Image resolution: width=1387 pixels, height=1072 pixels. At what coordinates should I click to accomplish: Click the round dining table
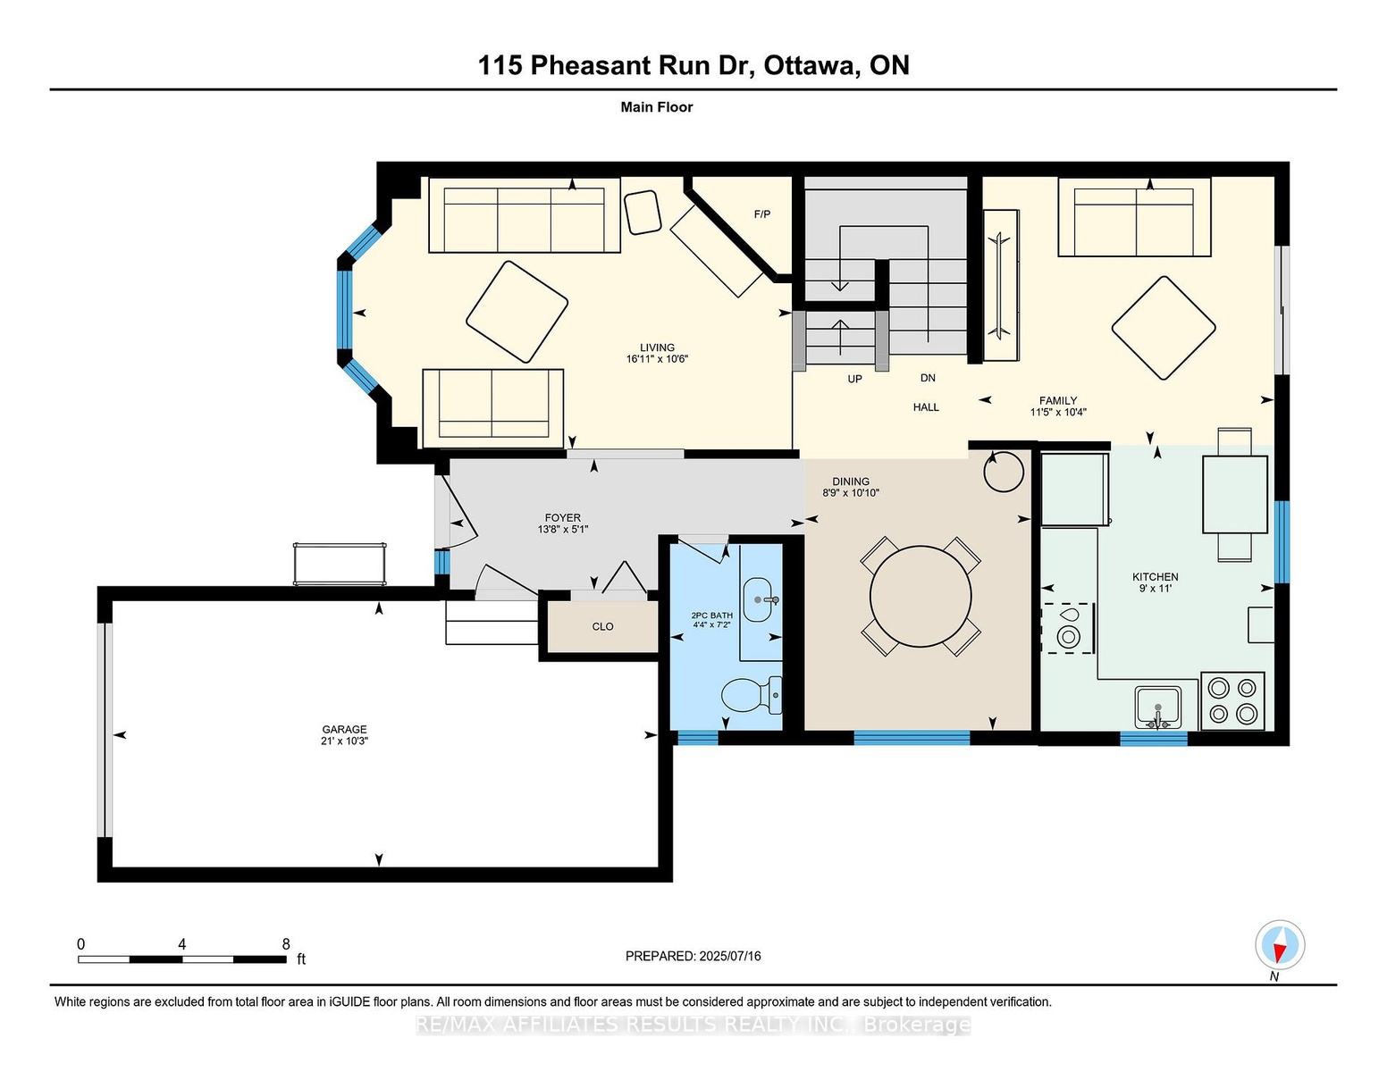click(920, 596)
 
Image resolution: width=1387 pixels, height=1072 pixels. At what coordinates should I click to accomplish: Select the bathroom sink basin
click(758, 599)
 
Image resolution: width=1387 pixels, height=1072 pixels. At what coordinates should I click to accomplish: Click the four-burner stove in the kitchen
click(1231, 701)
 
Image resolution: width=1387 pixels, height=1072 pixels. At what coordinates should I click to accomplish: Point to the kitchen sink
click(1158, 708)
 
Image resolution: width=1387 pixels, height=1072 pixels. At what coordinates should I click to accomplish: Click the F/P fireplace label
click(762, 214)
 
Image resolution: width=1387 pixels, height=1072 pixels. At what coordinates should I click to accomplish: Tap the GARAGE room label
click(344, 729)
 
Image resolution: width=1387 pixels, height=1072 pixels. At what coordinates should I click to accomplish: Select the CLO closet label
click(602, 626)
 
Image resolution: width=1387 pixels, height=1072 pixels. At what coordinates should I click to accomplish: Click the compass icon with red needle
click(1279, 944)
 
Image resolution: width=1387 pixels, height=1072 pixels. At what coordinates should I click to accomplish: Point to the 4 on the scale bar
click(182, 944)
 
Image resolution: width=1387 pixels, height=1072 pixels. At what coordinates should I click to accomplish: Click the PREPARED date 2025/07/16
click(729, 956)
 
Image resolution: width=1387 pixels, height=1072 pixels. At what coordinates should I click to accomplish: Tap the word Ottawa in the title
click(810, 66)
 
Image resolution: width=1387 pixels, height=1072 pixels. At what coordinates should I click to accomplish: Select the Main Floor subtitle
click(656, 107)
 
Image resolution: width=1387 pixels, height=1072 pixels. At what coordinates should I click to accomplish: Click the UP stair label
click(854, 379)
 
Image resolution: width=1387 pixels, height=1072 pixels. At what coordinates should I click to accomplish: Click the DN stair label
click(928, 378)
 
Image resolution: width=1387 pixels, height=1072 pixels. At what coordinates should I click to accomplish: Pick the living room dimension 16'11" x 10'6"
click(657, 359)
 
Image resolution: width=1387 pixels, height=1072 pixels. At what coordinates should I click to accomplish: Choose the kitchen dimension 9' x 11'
click(1156, 589)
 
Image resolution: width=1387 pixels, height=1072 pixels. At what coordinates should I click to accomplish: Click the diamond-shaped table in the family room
click(1163, 328)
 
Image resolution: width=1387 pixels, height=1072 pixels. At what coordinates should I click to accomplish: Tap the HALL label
click(926, 406)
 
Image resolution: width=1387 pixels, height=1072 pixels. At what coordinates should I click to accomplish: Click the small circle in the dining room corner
click(1004, 472)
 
